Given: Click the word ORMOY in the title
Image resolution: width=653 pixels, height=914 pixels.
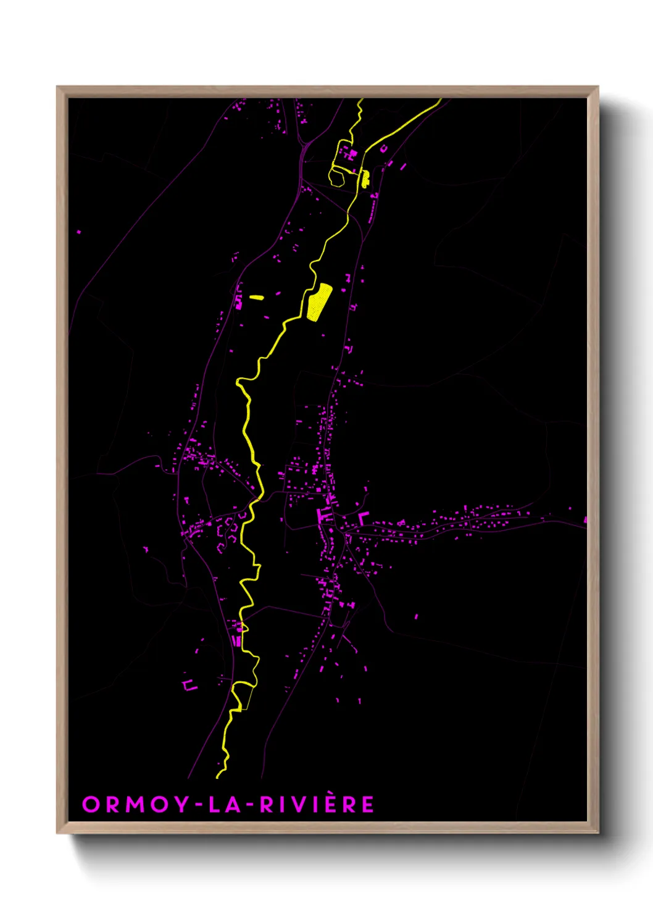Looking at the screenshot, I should pos(135,805).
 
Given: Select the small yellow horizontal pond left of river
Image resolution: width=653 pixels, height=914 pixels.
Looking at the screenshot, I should pos(257,298).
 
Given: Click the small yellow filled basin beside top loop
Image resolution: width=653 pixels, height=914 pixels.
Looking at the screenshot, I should pos(365,179).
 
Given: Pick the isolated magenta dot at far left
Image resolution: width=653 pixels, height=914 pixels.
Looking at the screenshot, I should pos(78,232).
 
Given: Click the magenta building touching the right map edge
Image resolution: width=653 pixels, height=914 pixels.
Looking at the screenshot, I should pos(584,520).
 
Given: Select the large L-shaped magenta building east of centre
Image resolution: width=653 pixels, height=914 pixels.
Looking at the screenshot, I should pos(362,518).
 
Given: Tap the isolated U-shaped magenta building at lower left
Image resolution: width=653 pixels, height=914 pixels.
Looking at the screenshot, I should pos(189,685).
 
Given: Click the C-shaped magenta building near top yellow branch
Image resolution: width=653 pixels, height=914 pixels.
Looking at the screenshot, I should pos(383,148).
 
